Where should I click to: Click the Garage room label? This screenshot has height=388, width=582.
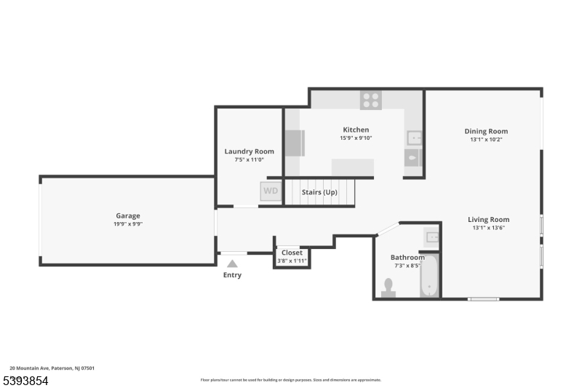[x=128, y=215]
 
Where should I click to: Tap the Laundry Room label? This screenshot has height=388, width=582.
[x=249, y=151]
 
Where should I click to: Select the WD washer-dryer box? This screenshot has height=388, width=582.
[x=271, y=191]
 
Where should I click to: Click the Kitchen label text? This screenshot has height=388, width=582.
[x=356, y=130]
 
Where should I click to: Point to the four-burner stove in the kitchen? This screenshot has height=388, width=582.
[x=370, y=100]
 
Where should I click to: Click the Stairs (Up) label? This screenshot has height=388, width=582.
[x=319, y=192]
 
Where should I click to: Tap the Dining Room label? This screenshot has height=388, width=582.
[x=486, y=131]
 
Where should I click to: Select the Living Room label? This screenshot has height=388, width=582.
[x=488, y=219]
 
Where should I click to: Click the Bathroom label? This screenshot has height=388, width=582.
[x=407, y=257]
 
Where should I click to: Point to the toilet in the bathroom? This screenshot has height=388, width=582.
[x=388, y=288]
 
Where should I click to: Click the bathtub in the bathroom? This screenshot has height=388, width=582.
[x=429, y=276]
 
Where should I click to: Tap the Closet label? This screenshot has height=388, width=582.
[x=292, y=253]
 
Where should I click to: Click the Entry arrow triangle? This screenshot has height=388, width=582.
[x=232, y=264]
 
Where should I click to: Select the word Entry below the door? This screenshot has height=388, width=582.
[x=232, y=275]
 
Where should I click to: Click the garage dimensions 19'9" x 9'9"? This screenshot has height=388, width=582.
[x=128, y=224]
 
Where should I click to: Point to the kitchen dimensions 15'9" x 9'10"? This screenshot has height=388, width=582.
[x=356, y=138]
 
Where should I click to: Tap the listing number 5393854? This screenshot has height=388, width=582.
[x=25, y=381]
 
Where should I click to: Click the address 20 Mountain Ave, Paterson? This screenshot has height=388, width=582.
[x=52, y=368]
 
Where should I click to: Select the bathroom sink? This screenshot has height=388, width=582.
[x=431, y=237]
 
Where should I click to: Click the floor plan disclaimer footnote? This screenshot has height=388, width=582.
[x=291, y=379]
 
